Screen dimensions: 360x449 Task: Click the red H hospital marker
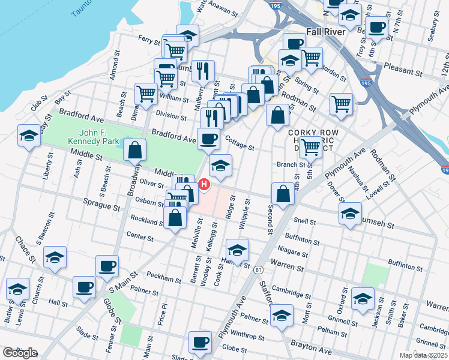click(204, 184)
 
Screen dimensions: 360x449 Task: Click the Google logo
click(20, 353)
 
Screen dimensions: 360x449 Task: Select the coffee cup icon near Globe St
click(200, 343)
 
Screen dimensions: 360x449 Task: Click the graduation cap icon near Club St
click(28, 136)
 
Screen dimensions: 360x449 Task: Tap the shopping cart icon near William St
click(146, 94)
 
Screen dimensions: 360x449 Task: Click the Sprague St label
click(102, 206)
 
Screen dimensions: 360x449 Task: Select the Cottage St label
click(240, 143)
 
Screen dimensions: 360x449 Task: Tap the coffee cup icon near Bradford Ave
click(208, 139)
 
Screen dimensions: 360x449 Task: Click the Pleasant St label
click(403, 70)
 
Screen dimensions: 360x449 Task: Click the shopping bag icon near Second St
click(282, 194)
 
